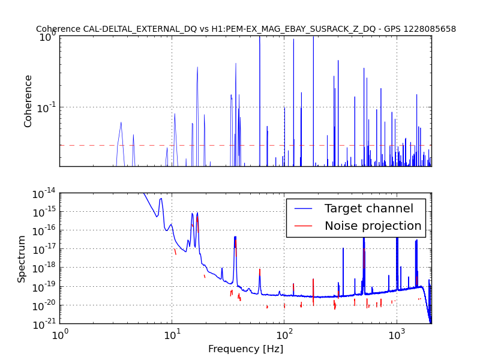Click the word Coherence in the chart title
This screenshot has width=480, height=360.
tap(58, 29)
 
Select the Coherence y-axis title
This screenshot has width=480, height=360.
tap(28, 101)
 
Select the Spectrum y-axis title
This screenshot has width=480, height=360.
tap(21, 259)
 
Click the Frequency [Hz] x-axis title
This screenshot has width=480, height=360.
tap(245, 349)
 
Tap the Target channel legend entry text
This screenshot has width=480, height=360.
tap(369, 208)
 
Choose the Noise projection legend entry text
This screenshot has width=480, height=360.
tap(373, 226)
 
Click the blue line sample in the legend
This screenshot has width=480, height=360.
tap(303, 209)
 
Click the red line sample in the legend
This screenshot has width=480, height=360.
tap(303, 226)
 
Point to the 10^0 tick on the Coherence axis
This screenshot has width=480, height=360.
tap(49, 37)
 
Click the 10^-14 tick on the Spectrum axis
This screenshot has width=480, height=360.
tap(44, 194)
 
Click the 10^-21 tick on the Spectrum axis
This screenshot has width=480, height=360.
tap(44, 323)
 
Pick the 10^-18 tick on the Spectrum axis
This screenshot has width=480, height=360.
tap(44, 268)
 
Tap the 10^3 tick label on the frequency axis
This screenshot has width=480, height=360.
tap(396, 335)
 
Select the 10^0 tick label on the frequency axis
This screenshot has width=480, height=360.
tap(59, 335)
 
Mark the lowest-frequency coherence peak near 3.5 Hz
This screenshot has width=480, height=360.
tap(121, 122)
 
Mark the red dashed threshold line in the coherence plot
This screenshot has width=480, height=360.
tap(245, 145)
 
